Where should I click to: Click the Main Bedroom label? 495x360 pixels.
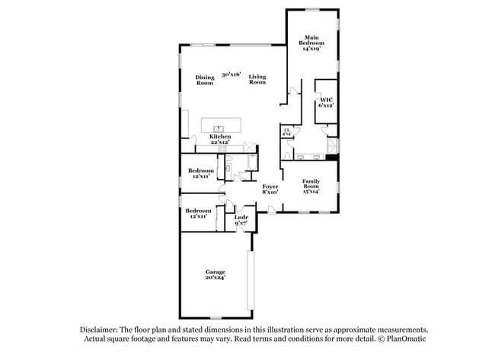311,43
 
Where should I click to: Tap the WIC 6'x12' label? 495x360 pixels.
326,102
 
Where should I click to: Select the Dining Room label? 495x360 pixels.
204,80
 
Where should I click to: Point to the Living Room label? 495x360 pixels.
257,80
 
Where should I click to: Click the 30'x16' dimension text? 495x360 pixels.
231,75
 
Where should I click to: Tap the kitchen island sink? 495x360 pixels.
219,129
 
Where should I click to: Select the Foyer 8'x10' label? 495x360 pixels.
270,189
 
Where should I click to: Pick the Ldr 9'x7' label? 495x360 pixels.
241,221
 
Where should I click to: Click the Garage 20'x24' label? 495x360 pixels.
216,275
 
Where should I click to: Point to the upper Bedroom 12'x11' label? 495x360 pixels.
200,173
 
